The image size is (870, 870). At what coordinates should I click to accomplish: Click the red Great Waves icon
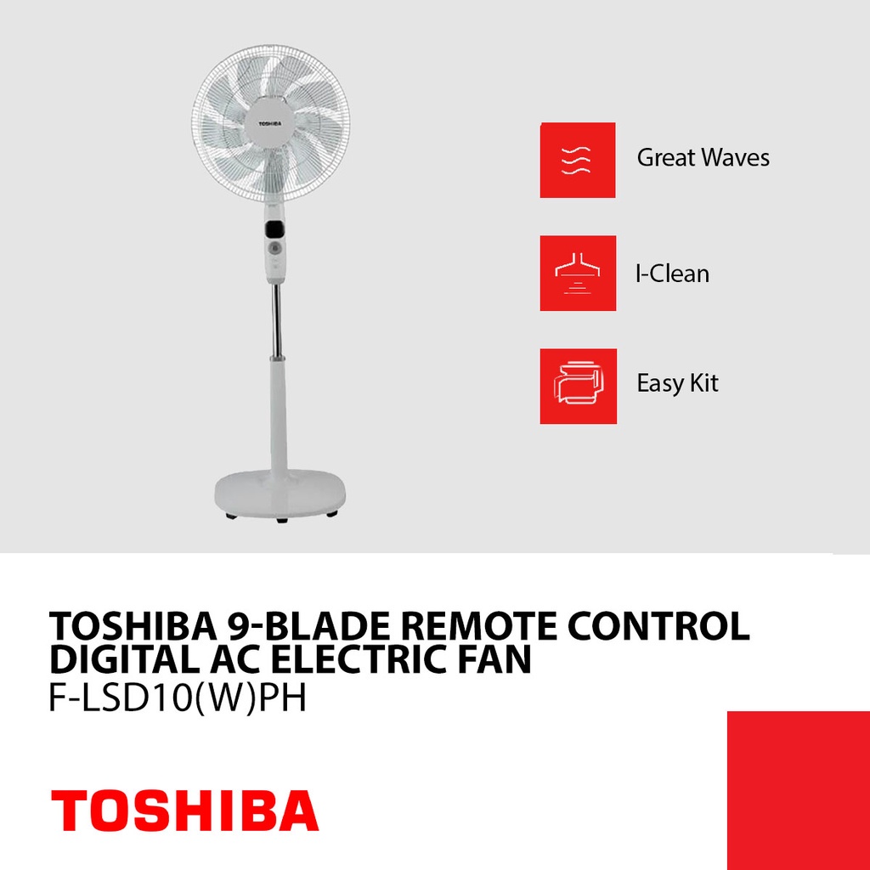pyautogui.click(x=578, y=160)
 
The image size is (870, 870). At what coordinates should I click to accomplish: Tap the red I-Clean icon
pyautogui.click(x=578, y=273)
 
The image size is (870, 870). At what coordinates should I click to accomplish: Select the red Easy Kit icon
pyautogui.click(x=578, y=386)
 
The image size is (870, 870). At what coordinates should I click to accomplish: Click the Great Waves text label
pyautogui.click(x=703, y=158)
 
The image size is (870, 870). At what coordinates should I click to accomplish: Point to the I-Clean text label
pyautogui.click(x=672, y=274)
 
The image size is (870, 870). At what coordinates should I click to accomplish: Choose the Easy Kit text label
pyautogui.click(x=677, y=383)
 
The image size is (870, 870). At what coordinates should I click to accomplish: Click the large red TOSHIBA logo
pyautogui.click(x=184, y=811)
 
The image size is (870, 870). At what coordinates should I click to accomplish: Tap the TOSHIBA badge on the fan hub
pyautogui.click(x=270, y=122)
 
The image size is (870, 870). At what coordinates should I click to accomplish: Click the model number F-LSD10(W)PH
pyautogui.click(x=178, y=698)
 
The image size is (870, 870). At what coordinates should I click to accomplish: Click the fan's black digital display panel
pyautogui.click(x=274, y=229)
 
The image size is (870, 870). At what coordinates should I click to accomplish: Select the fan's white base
pyautogui.click(x=276, y=490)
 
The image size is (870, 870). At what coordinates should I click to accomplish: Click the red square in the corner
pyautogui.click(x=798, y=790)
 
